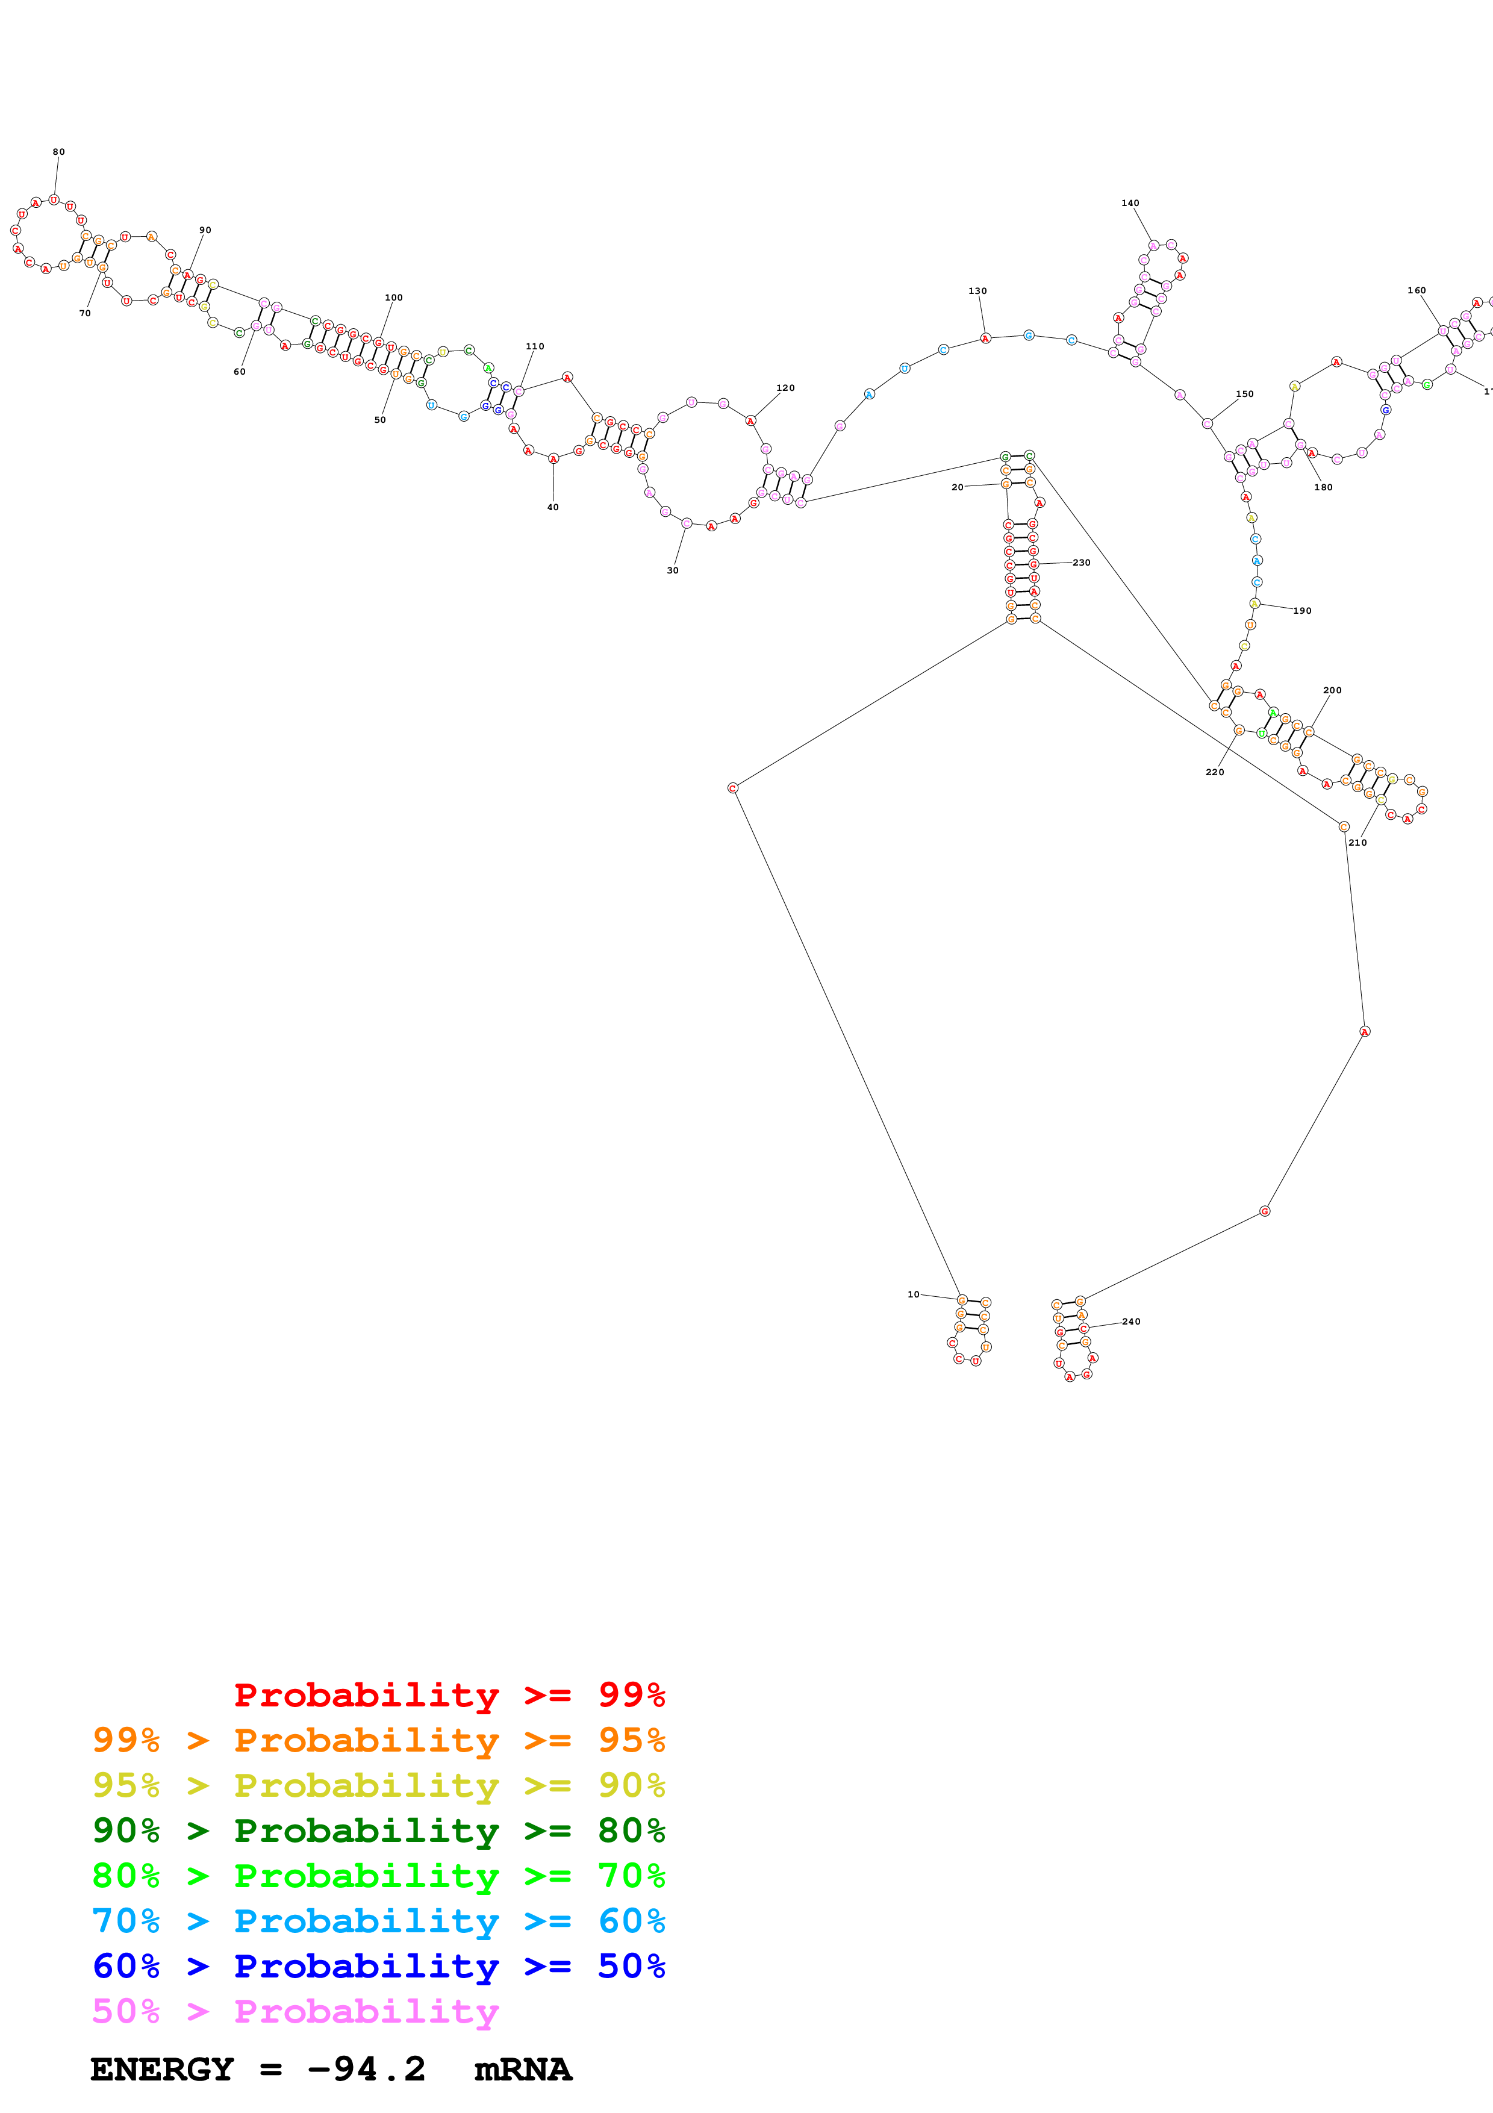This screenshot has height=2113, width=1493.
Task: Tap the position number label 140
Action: (x=1130, y=204)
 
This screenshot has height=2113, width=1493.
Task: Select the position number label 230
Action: (x=1081, y=563)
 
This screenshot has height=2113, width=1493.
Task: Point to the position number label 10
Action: (x=914, y=1294)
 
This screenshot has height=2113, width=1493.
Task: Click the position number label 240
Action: (x=1132, y=1322)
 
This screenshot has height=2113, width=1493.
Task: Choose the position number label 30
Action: (x=673, y=570)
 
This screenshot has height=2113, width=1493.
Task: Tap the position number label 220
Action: (x=1214, y=772)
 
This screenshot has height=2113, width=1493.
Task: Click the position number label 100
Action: (x=394, y=298)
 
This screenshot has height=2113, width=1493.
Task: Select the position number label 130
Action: (x=977, y=292)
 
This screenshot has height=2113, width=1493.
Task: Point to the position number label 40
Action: (x=553, y=507)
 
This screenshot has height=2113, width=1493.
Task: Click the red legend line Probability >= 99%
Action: (x=449, y=1694)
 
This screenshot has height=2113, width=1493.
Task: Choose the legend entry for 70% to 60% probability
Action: (x=378, y=1921)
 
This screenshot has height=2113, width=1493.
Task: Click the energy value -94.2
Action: (x=366, y=2069)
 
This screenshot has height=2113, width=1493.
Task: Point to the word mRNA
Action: (x=523, y=2070)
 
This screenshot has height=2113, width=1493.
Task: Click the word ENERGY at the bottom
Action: (x=162, y=2070)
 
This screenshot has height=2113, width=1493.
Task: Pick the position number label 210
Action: (x=1357, y=842)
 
